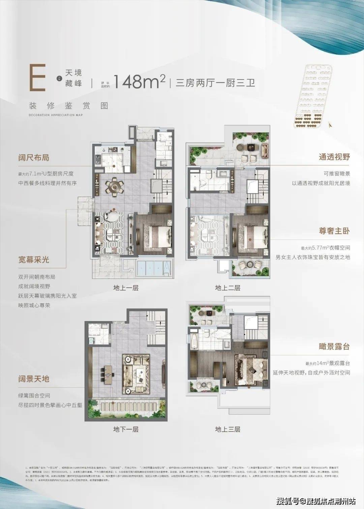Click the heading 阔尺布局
point(34,158)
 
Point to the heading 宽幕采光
point(34,260)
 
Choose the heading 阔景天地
point(34,379)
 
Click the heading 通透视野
point(334,157)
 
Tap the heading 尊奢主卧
point(334,231)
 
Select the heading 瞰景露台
point(334,347)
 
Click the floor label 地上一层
point(126,288)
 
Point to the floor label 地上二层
point(227,288)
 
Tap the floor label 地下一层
point(126,430)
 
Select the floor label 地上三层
point(227,430)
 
